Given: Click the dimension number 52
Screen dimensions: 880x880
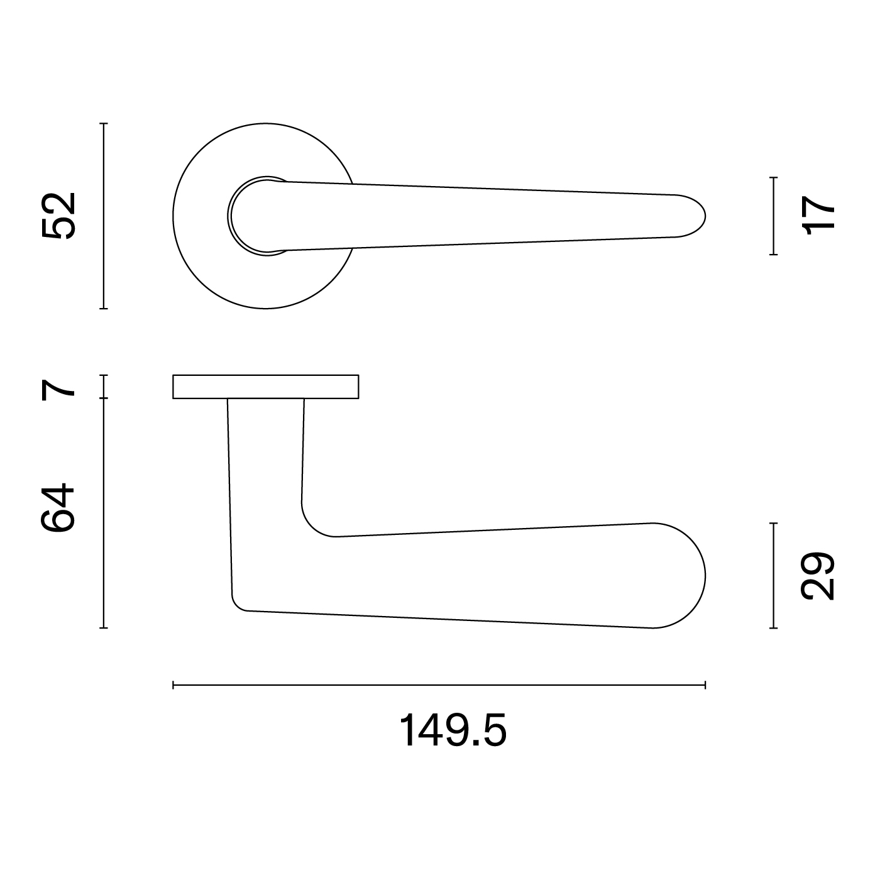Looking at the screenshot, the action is (58, 216).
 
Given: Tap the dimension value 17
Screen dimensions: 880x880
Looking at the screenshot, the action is (819, 215).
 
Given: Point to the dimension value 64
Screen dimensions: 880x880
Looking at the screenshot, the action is (58, 507).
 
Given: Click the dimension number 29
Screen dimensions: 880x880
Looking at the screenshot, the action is (818, 576).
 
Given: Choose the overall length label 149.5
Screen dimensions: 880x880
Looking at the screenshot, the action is (453, 730).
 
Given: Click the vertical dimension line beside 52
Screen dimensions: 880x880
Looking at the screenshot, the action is (104, 216).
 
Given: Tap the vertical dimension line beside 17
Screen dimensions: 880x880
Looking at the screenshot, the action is (773, 216).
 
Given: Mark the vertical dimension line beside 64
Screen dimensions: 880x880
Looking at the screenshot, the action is (104, 513).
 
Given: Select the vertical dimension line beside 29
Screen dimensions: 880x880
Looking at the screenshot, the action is (773, 575).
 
